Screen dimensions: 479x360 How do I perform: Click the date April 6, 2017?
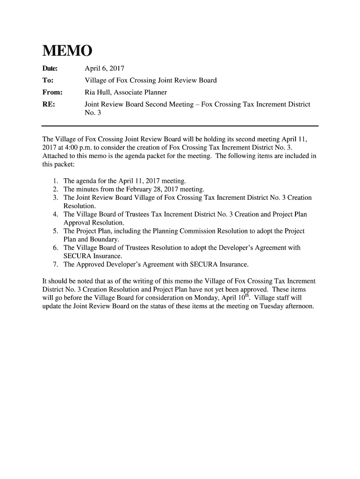click(103, 68)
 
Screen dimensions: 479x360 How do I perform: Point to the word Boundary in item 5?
click(104, 239)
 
